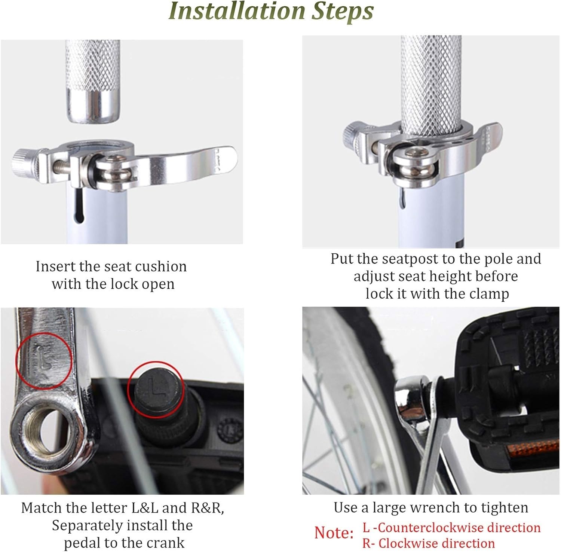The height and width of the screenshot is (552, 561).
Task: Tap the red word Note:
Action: tap(334, 533)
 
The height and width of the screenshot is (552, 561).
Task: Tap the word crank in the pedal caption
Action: tap(165, 543)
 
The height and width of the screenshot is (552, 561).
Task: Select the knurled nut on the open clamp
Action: tap(24, 161)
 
